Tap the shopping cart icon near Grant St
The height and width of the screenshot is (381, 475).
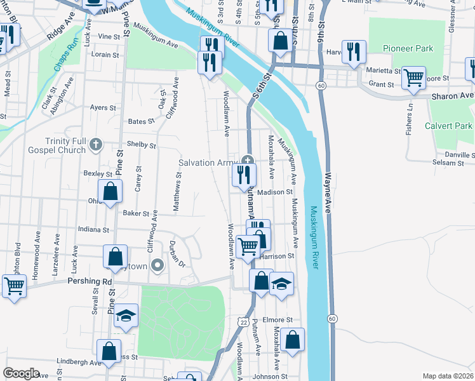pos(413,78)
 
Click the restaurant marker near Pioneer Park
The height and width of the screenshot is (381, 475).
pos(354,51)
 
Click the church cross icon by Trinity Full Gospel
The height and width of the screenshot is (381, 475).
pos(95,144)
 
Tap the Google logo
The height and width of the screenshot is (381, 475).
pos(20,373)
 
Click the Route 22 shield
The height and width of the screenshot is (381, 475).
pos(243,323)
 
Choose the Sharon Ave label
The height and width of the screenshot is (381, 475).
pos(452,96)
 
